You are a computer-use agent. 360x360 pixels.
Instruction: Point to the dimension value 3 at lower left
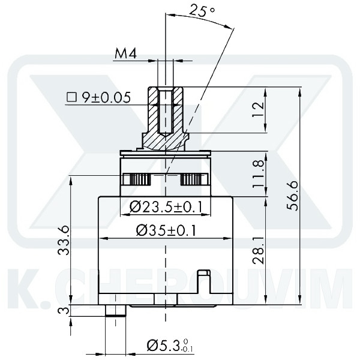(62, 310)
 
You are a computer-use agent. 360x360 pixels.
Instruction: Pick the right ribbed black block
(193, 179)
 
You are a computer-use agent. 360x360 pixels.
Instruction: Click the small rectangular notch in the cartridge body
(205, 279)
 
